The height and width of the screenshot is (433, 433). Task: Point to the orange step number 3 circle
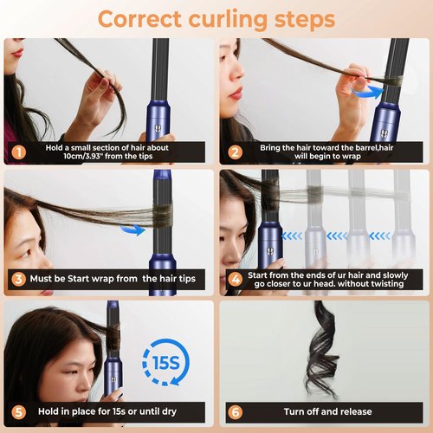coord(17,279)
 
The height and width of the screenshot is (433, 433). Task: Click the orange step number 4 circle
coord(233,279)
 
